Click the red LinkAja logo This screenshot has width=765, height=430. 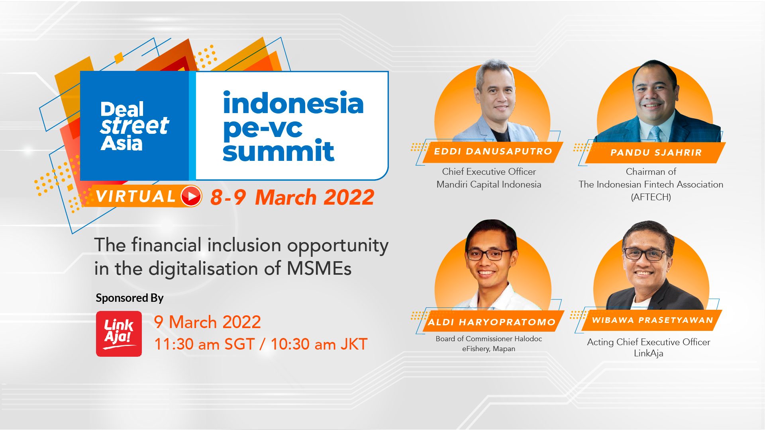(x=119, y=334)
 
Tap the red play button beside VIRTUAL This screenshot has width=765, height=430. (x=191, y=196)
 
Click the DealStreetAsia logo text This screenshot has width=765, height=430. (x=134, y=126)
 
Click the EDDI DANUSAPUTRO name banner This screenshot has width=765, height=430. (x=493, y=152)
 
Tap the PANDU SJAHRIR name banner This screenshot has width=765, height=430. (x=655, y=152)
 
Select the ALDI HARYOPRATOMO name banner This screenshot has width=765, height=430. (x=492, y=322)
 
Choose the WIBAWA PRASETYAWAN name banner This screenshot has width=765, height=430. (x=652, y=320)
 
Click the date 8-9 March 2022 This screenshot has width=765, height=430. (x=292, y=197)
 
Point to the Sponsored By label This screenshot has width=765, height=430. (x=129, y=298)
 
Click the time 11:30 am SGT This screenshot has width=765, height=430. (x=204, y=344)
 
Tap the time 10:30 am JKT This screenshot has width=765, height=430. (x=319, y=344)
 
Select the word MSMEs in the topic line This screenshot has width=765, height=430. (x=319, y=268)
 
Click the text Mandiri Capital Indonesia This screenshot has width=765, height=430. (x=489, y=184)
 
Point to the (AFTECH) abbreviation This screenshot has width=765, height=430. (x=651, y=197)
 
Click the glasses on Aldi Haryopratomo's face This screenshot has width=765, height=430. (x=489, y=254)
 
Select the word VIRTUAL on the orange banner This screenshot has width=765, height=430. (x=135, y=196)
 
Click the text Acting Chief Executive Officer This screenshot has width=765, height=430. (x=649, y=342)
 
